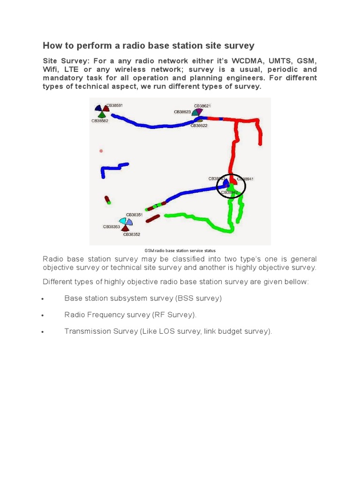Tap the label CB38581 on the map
click(x=114, y=106)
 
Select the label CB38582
click(x=99, y=121)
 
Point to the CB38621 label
click(x=202, y=106)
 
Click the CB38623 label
click(x=182, y=112)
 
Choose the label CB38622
click(x=199, y=126)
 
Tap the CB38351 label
click(x=134, y=215)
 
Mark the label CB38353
click(x=112, y=227)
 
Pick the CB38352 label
click(x=132, y=234)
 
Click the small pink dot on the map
click(x=101, y=151)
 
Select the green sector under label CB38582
click(x=102, y=114)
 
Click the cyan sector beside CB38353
click(x=122, y=220)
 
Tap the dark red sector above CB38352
click(x=126, y=228)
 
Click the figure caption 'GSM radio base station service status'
click(x=180, y=251)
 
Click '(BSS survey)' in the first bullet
click(x=198, y=298)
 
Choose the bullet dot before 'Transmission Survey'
click(x=43, y=332)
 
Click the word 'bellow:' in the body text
click(x=297, y=282)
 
